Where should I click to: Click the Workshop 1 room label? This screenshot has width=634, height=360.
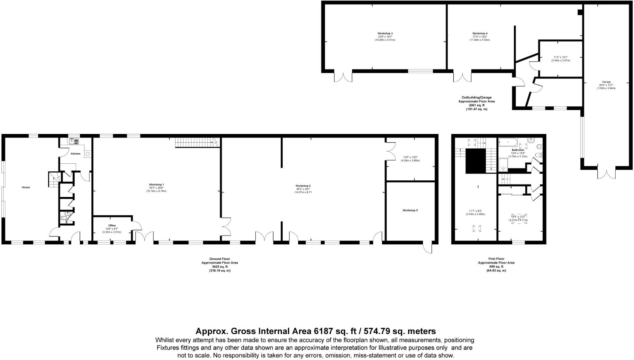(156, 184)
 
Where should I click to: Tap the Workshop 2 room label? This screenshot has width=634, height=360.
(302, 186)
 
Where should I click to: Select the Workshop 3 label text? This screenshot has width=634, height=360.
(385, 34)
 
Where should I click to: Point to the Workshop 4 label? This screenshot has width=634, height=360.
(480, 34)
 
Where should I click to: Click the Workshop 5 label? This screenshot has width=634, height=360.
(410, 210)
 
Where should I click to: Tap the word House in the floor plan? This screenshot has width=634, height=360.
(26, 187)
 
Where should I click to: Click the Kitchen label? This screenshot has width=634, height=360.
(75, 154)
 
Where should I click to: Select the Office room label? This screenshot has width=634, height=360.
(112, 225)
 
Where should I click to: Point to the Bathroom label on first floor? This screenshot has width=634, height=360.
(518, 150)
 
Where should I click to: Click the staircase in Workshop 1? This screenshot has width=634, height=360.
(194, 142)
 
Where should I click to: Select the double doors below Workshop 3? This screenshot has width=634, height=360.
(343, 76)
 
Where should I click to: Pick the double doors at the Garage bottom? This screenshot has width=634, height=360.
(606, 173)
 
